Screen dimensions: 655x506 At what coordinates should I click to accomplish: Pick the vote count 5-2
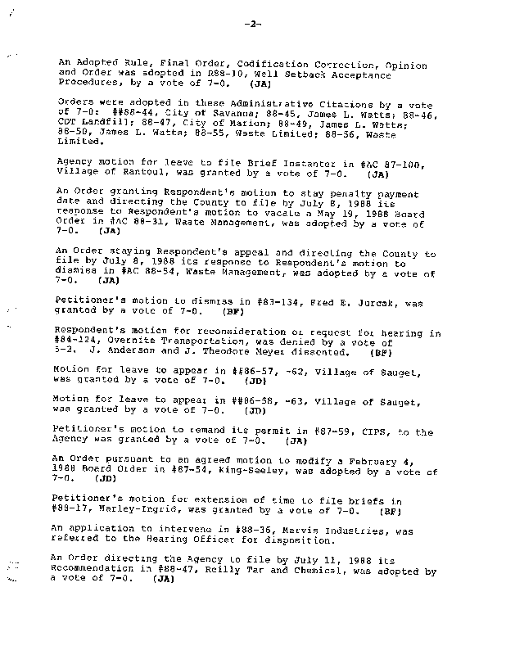click(62, 353)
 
